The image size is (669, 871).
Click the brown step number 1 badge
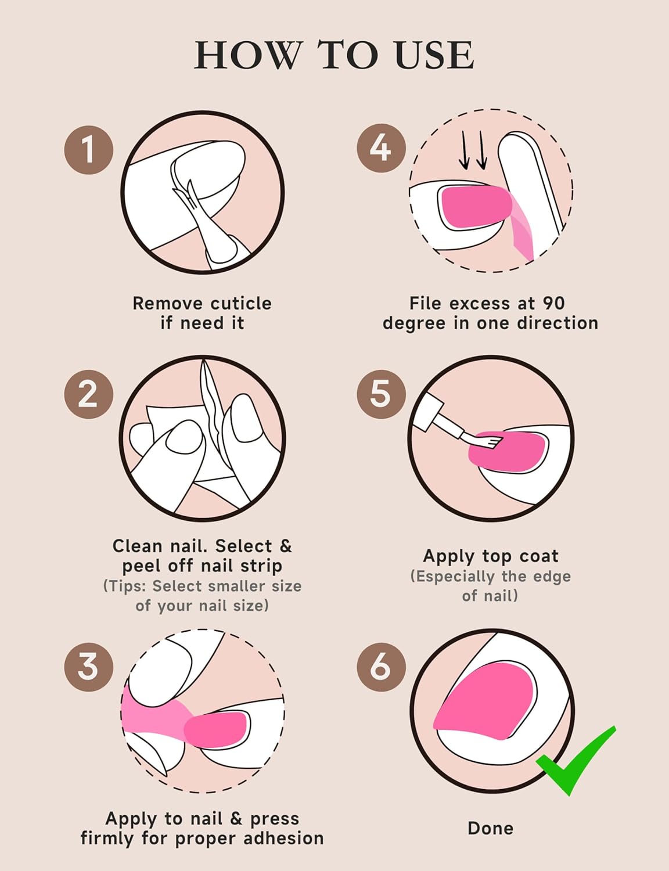click(x=89, y=149)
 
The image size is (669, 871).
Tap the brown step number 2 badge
click(x=89, y=394)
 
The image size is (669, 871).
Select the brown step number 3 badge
click(x=89, y=667)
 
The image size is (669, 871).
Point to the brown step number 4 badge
click(x=381, y=148)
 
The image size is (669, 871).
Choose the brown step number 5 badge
click(x=381, y=394)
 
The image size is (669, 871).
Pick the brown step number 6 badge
click(x=381, y=667)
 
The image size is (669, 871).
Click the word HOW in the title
click(x=249, y=55)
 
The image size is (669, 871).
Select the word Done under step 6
click(x=490, y=829)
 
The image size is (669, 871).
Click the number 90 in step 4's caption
click(x=553, y=304)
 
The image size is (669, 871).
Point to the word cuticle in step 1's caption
click(x=242, y=304)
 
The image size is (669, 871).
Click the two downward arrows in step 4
click(x=473, y=149)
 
